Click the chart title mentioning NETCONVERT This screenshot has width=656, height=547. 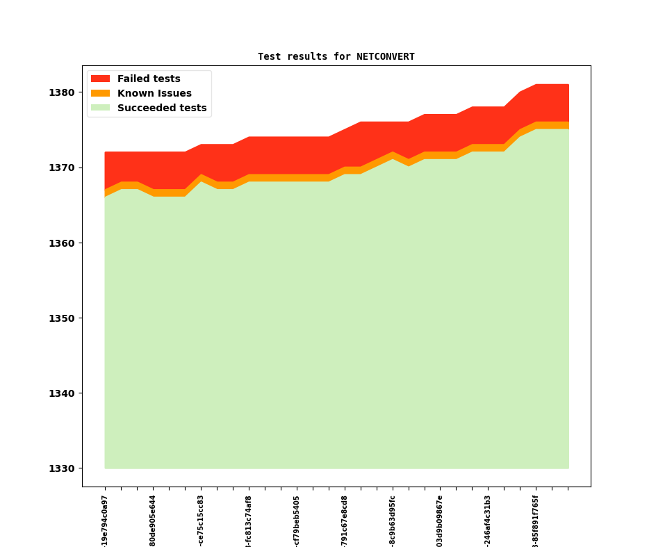point(336,57)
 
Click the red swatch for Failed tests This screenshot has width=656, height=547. point(100,79)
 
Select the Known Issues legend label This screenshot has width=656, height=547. point(154,94)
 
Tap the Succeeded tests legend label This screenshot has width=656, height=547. point(162,108)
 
